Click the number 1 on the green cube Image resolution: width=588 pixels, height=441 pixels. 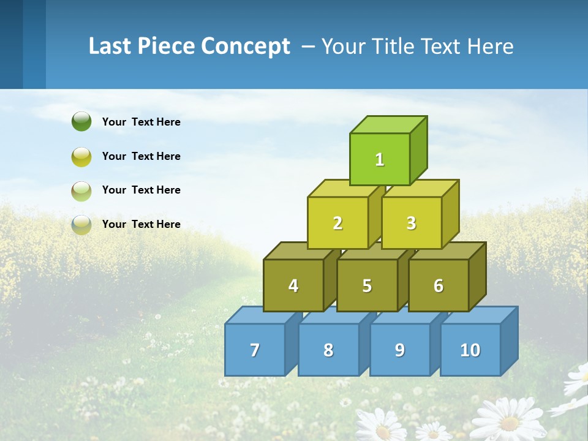coord(380,160)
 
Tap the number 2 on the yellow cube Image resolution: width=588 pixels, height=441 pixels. coord(337,224)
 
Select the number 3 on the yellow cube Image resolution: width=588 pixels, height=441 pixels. coord(411,224)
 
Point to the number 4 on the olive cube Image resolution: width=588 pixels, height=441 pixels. coord(293,286)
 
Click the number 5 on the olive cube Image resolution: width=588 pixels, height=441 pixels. coord(367,286)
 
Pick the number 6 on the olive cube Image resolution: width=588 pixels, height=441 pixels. coord(438,286)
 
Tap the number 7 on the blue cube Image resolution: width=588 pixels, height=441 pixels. coord(255,350)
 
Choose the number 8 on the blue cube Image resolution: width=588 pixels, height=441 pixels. coord(328,350)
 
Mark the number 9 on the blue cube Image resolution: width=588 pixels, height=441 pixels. coord(399,350)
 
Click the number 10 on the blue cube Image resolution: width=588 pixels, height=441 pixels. coord(470,350)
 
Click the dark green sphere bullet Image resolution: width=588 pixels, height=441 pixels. coord(81,121)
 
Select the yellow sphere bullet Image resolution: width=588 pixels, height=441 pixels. coord(81,156)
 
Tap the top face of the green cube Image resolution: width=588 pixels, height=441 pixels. coord(388,124)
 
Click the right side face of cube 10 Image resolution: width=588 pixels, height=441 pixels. coord(509,341)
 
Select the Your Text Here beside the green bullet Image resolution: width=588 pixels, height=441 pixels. coord(141,122)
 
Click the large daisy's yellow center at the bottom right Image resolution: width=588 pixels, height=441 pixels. coord(509,423)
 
